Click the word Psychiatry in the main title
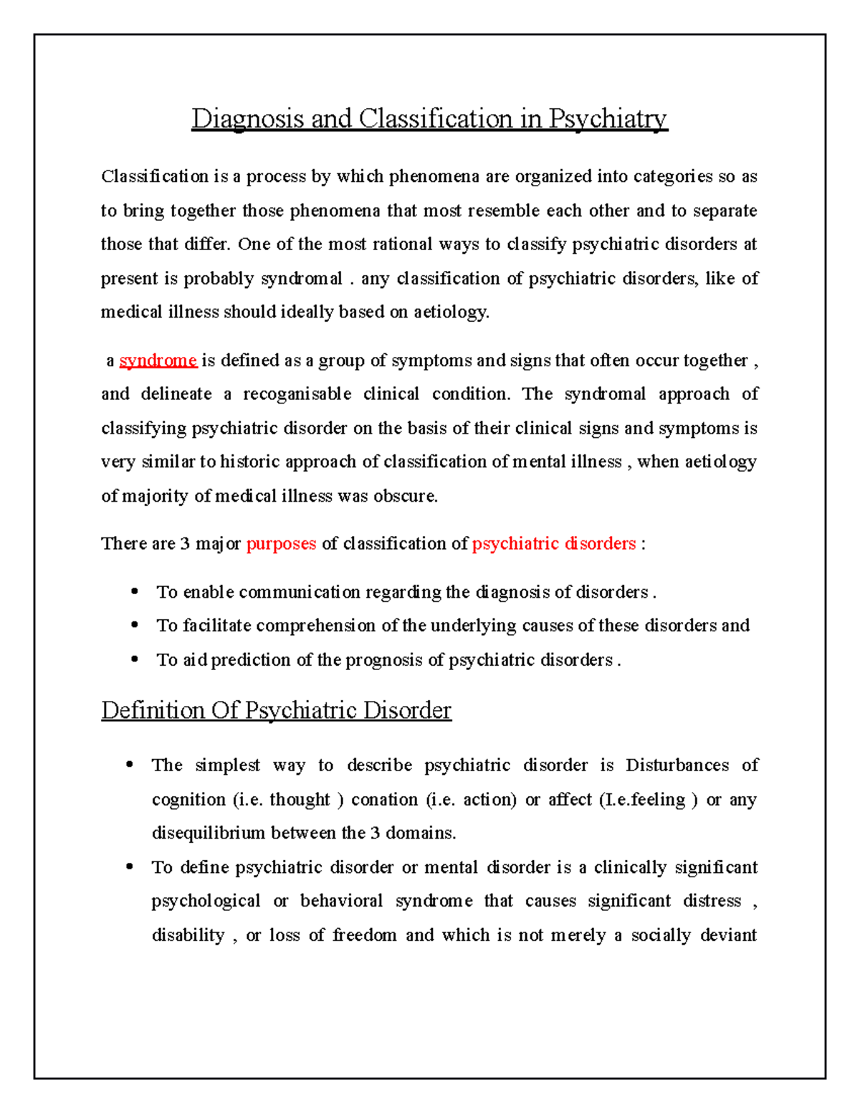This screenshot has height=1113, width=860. pos(608,119)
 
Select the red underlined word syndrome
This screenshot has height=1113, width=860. pos(158,360)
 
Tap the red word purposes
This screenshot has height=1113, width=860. pos(281,544)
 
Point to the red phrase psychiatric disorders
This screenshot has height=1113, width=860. pos(554,544)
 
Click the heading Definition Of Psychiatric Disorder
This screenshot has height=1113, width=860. pos(276,710)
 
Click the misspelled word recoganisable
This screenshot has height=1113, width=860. pos(297,394)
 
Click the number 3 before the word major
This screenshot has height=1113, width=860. pos(185,544)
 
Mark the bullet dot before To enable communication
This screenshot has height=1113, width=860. pos(135,592)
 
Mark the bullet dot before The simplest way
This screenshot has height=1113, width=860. pos(130,765)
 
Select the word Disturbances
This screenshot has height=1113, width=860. pos(677,765)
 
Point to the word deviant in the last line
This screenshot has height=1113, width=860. pos(728,935)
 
